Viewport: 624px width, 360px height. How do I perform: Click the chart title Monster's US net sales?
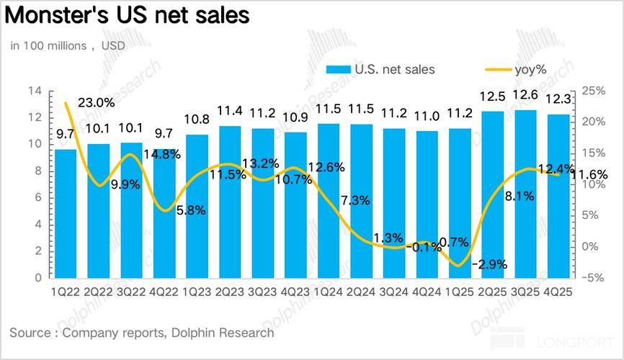(130, 15)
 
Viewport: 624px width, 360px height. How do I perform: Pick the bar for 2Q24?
(362, 201)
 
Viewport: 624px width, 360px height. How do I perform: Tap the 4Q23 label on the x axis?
(296, 292)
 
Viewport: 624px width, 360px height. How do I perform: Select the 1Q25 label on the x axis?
(460, 292)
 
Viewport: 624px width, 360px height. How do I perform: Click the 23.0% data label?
(96, 103)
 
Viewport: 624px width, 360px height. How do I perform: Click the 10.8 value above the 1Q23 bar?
(197, 120)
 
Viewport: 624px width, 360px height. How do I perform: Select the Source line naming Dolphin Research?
(142, 333)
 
